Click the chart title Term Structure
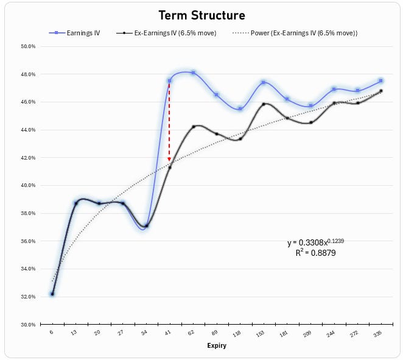201,15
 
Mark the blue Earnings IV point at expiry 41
169,81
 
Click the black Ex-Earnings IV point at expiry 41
169,167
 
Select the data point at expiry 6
52,294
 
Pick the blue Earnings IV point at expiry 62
193,72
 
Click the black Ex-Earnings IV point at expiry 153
264,104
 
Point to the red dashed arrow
169,122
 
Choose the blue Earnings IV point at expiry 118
240,108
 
